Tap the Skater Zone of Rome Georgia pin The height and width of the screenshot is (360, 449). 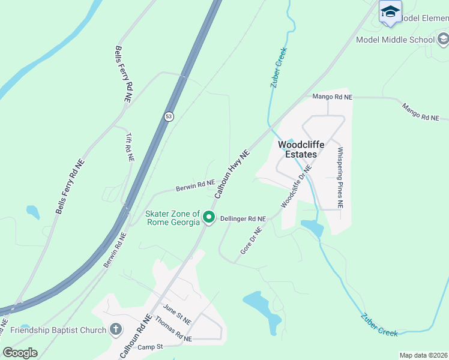tap(209, 217)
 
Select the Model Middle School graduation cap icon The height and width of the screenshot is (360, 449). tap(443, 40)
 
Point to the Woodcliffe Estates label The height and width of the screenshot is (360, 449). tap(297, 149)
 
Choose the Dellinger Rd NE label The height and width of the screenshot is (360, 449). tap(243, 219)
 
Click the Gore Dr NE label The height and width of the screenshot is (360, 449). tap(252, 240)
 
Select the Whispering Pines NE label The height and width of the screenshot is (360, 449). tap(340, 178)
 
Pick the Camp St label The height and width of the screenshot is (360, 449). tap(150, 347)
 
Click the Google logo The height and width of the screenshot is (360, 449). tap(20, 352)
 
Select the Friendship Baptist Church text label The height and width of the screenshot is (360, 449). tap(58, 329)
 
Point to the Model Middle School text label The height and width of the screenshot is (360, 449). tap(395, 40)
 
